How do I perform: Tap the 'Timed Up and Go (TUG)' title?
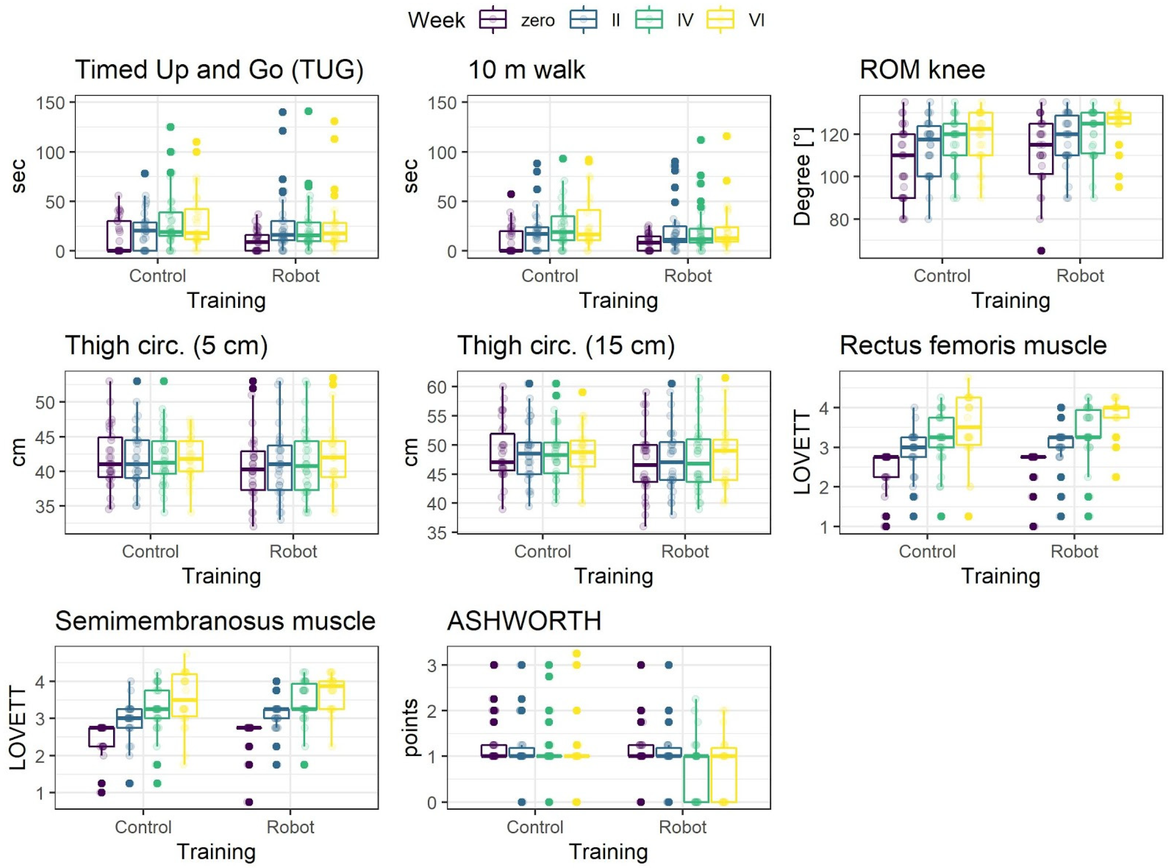pos(219,70)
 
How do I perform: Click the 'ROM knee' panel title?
pos(922,70)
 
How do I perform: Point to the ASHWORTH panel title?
pos(524,621)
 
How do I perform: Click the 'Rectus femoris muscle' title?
pos(973,346)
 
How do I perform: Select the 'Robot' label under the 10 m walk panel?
pos(688,276)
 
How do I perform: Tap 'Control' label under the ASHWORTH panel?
pos(534,827)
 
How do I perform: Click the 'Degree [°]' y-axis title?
pos(802,177)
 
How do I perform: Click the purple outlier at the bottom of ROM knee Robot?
pos(1041,251)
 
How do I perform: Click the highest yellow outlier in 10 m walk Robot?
pos(727,137)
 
